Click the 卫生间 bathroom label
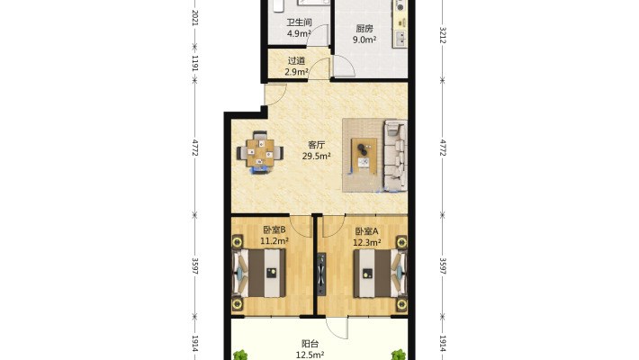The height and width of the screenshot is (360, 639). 299,22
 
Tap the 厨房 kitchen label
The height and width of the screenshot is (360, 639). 364,29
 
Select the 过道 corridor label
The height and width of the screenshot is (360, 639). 296,61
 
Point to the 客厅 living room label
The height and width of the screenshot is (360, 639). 316,145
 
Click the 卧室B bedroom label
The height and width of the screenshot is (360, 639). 274,230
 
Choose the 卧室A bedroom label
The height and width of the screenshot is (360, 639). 367,231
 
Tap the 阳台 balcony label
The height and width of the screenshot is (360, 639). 310,344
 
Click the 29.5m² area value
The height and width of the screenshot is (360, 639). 316,156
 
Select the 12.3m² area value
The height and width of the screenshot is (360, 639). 367,243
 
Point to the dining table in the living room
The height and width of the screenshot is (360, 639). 260,153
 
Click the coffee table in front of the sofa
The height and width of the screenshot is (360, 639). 364,156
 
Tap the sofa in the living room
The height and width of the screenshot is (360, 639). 395,156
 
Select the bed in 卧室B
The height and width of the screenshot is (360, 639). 258,273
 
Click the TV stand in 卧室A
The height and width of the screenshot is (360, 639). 321,274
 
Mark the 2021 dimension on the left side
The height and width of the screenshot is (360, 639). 194,18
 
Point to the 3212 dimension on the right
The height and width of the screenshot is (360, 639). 443,35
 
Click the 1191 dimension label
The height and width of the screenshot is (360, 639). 194,63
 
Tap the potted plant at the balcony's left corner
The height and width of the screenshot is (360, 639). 240,355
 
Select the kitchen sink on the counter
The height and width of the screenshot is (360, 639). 400,39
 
